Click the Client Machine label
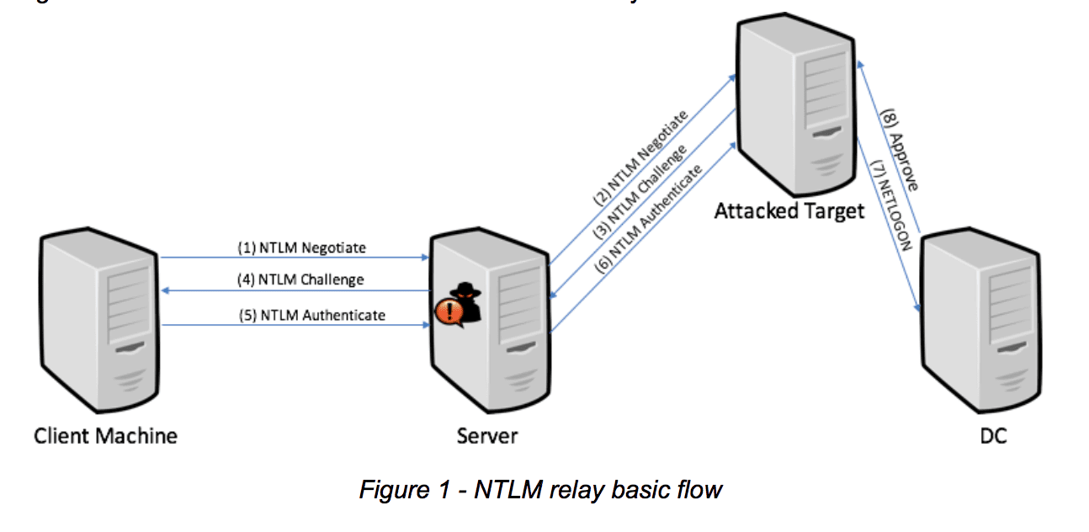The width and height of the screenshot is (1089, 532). [105, 436]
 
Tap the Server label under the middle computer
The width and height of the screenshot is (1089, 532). [487, 436]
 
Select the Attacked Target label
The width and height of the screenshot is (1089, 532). [789, 210]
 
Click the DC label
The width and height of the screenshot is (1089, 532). [993, 436]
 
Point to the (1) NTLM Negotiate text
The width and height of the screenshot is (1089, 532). [301, 248]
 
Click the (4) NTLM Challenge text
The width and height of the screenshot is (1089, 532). [301, 279]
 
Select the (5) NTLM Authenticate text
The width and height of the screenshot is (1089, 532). [311, 315]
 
